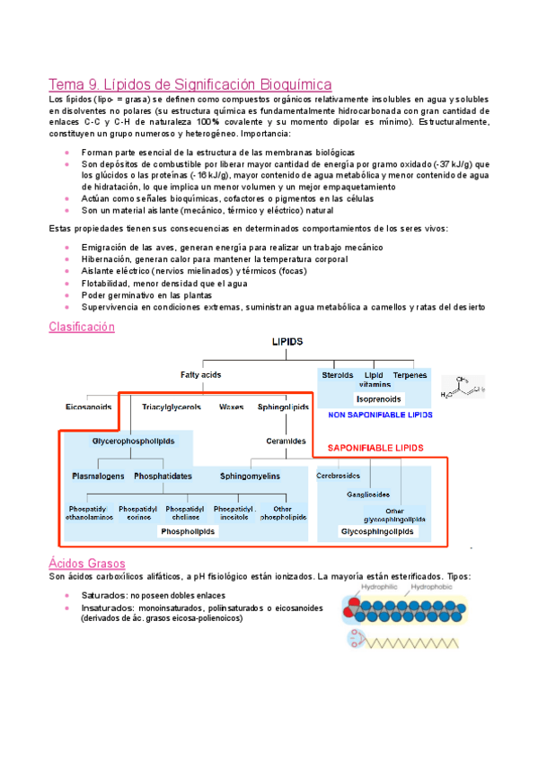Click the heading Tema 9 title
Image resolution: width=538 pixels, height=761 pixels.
pos(190,83)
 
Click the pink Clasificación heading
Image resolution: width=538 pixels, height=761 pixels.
pos(82,328)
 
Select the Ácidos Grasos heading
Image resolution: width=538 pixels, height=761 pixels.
pos(86,563)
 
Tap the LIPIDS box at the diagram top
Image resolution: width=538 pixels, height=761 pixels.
pos(287,343)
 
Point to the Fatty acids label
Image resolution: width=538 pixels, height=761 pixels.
pos(201,374)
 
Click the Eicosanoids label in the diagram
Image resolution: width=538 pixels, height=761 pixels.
pos(87,407)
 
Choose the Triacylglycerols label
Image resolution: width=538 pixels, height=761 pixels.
pos(172,407)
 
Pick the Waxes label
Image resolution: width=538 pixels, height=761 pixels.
pos(231,407)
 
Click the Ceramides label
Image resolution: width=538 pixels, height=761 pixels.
pos(287,441)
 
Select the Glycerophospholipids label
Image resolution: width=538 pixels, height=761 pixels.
pos(133,441)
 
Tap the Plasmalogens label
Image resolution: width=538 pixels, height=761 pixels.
pos(98,475)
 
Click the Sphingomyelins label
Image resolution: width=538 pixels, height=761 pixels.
pos(251,475)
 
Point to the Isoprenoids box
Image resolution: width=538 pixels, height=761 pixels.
pos(379,398)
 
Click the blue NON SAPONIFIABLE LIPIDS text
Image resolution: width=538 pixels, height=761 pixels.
pos(380,415)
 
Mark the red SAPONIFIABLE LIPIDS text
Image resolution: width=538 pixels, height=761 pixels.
pos(375,447)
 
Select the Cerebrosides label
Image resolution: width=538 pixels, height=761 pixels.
pos(339,476)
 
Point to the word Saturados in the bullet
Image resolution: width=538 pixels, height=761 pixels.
pos(102,595)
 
